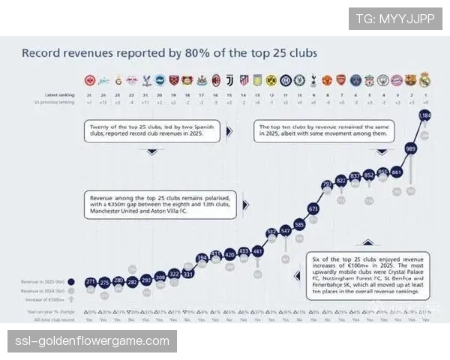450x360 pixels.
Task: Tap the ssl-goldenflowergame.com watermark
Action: point(92,342)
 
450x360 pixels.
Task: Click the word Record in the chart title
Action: point(43,53)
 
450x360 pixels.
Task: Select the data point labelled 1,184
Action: point(426,116)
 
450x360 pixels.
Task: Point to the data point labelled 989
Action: point(410,148)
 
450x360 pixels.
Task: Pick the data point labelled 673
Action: point(313,208)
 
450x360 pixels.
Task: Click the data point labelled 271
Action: point(90,281)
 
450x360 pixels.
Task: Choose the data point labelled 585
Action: point(299,224)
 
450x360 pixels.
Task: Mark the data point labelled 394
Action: point(202,258)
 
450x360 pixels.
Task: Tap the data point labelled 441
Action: point(257,251)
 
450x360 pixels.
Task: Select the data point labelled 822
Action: point(341,180)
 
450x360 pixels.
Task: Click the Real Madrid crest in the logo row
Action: point(425,79)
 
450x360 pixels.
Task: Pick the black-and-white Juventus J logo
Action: point(229,79)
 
